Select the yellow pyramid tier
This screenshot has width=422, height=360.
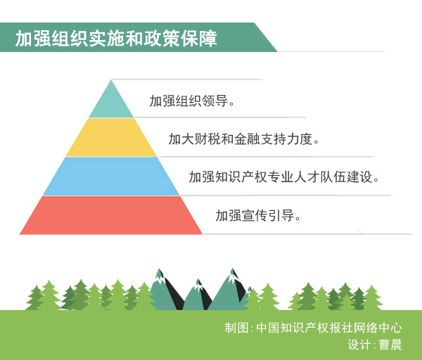click(x=111, y=138)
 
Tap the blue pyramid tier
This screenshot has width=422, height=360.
click(x=111, y=176)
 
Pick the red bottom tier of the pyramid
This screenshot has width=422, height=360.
click(x=111, y=215)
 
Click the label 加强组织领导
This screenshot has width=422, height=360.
click(x=192, y=101)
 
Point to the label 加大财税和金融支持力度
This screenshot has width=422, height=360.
click(x=244, y=139)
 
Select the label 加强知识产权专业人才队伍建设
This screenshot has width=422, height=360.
click(x=284, y=177)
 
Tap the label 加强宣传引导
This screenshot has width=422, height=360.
click(x=258, y=216)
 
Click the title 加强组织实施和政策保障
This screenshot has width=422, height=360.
click(x=116, y=39)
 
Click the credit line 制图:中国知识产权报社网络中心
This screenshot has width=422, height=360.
click(x=313, y=328)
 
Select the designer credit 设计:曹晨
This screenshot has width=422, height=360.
click(x=375, y=345)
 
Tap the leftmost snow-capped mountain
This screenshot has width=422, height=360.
click(x=163, y=292)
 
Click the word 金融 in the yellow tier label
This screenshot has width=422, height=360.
click(x=248, y=139)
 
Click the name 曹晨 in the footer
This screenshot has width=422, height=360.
click(x=390, y=345)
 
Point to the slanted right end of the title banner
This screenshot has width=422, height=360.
click(x=265, y=37)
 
